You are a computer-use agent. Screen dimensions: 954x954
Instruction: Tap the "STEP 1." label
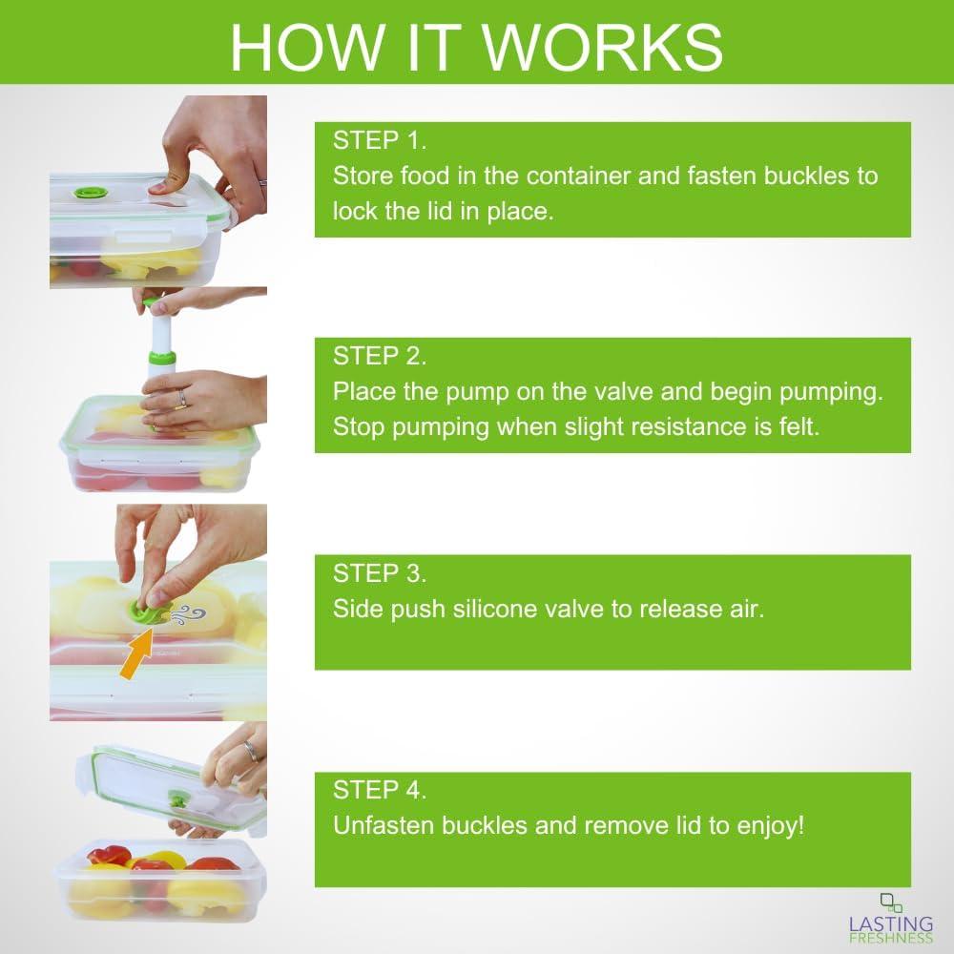pos(379,141)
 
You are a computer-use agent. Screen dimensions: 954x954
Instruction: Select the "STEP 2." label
pos(379,357)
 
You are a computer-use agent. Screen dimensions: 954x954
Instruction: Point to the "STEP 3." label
pos(379,573)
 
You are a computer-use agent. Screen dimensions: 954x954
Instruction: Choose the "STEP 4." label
pos(379,790)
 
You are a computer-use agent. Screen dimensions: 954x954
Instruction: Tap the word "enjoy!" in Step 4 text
pos(769,825)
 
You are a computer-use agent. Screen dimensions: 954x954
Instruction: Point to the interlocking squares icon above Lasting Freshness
pos(891,902)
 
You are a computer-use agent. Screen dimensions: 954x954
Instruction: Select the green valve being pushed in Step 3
pos(153,608)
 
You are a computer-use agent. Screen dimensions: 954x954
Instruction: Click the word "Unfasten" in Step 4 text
pos(380,825)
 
